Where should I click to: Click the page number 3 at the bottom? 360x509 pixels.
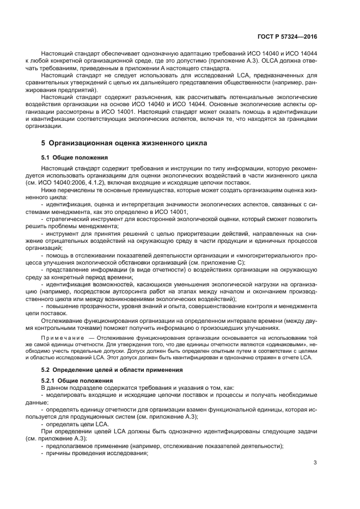click(x=315, y=463)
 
